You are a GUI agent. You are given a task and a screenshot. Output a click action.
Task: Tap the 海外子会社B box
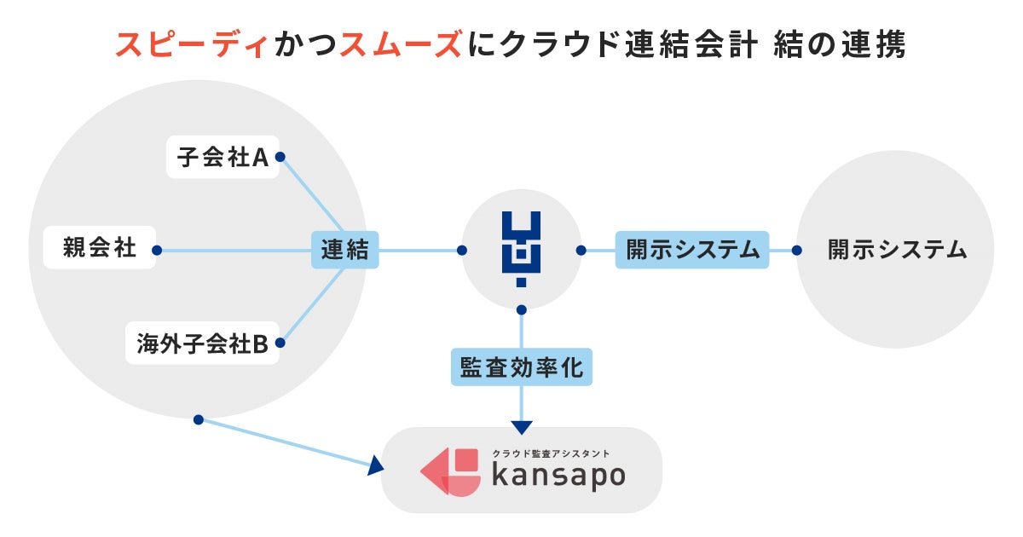[x=202, y=344]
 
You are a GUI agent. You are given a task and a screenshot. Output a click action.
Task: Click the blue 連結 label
[x=344, y=250]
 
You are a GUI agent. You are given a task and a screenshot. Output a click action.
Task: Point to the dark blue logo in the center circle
[x=521, y=249]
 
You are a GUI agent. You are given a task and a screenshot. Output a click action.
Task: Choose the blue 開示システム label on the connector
[x=692, y=250]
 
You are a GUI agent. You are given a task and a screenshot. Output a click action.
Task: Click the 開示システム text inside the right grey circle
[x=897, y=250]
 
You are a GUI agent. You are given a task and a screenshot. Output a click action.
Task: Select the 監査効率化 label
[x=522, y=367]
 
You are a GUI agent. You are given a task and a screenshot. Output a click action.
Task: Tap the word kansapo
[x=558, y=475]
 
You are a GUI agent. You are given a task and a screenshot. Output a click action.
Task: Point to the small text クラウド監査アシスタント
[x=551, y=454]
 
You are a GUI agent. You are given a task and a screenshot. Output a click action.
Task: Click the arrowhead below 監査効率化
[x=522, y=427]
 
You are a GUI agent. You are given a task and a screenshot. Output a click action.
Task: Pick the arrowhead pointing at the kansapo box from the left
[x=375, y=466]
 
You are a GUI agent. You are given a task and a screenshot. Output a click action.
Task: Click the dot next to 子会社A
[x=280, y=157]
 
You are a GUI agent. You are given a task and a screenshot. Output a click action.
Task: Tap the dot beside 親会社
[x=156, y=251]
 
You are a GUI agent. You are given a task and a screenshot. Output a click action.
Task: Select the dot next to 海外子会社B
[x=280, y=344]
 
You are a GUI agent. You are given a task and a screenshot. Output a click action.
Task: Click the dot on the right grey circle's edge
[x=797, y=251]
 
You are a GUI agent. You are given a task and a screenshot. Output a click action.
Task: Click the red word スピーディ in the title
[x=193, y=44]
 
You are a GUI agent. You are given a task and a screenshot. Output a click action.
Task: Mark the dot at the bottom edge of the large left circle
[x=198, y=419]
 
